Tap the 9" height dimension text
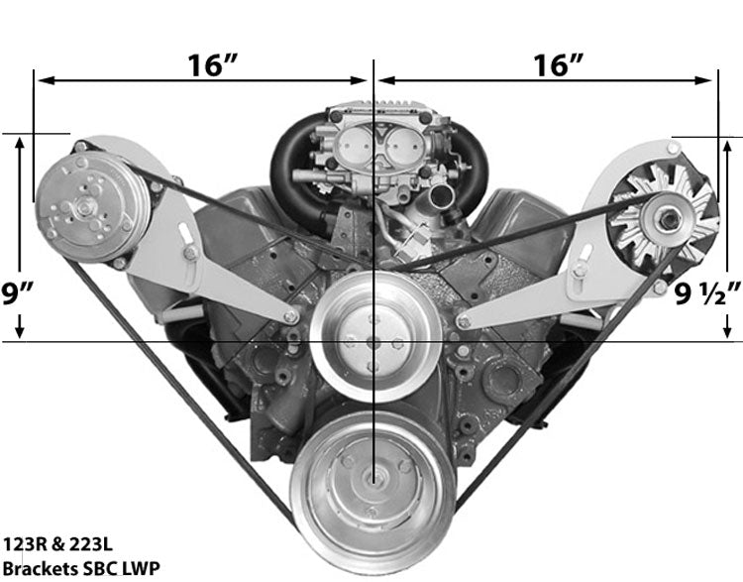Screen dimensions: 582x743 click(17, 294)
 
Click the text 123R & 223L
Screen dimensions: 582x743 click(53, 545)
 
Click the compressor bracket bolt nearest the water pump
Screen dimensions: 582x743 click(290, 316)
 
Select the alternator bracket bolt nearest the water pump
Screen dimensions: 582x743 click(464, 319)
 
